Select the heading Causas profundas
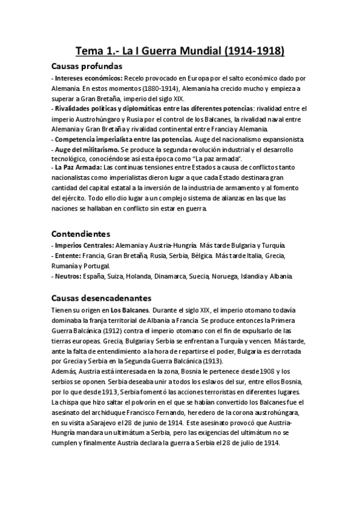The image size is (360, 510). click(x=87, y=66)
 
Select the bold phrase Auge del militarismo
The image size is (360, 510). click(x=87, y=148)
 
